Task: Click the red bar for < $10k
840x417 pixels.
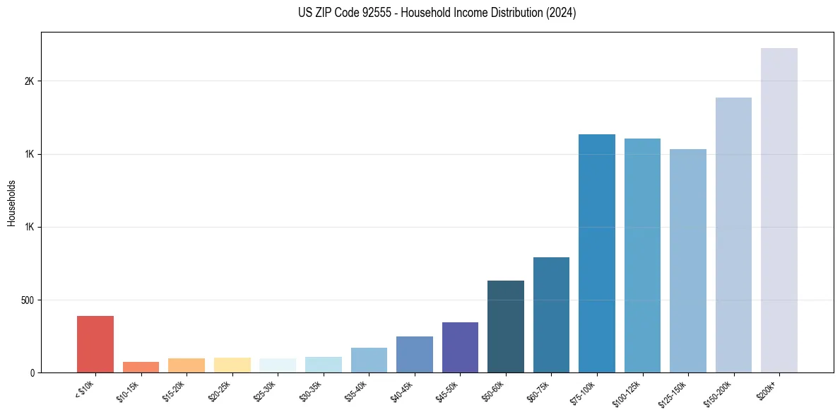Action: (x=95, y=344)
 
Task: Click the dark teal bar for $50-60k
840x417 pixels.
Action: (x=506, y=327)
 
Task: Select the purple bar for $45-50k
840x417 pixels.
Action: (x=460, y=347)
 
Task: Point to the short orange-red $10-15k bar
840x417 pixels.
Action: (x=141, y=367)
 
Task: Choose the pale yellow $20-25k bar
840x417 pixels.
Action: (x=232, y=365)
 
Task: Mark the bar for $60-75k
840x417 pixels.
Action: (x=551, y=315)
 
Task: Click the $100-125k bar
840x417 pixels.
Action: (x=642, y=255)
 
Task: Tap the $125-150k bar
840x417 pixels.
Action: (x=688, y=261)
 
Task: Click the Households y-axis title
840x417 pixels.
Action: (x=12, y=203)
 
